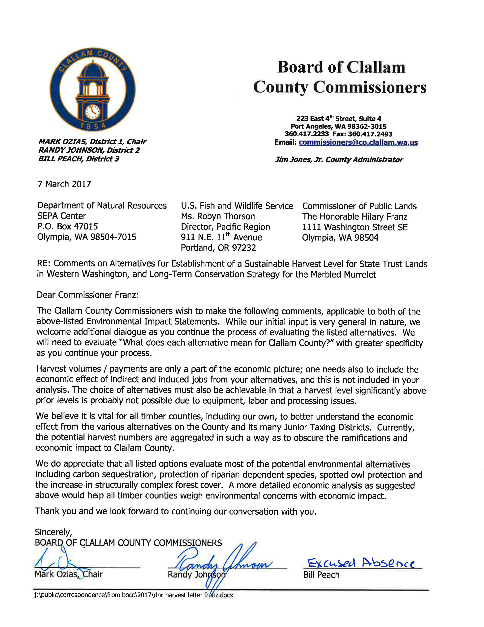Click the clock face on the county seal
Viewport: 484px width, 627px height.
[x=93, y=111]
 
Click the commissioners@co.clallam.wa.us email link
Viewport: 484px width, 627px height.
[x=358, y=142]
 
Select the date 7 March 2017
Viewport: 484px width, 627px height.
[x=64, y=184]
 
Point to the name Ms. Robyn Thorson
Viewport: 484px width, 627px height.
[x=218, y=216]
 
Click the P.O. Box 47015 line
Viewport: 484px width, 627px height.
[x=68, y=226]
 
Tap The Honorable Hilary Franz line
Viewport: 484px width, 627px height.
[x=354, y=216]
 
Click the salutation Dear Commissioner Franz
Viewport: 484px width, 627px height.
[x=88, y=295]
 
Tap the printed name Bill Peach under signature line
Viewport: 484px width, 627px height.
[x=321, y=575]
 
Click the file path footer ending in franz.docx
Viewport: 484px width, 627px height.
[x=134, y=595]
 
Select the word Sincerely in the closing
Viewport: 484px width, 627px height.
[x=53, y=532]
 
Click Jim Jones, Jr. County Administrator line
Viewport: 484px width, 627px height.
[x=339, y=160]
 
